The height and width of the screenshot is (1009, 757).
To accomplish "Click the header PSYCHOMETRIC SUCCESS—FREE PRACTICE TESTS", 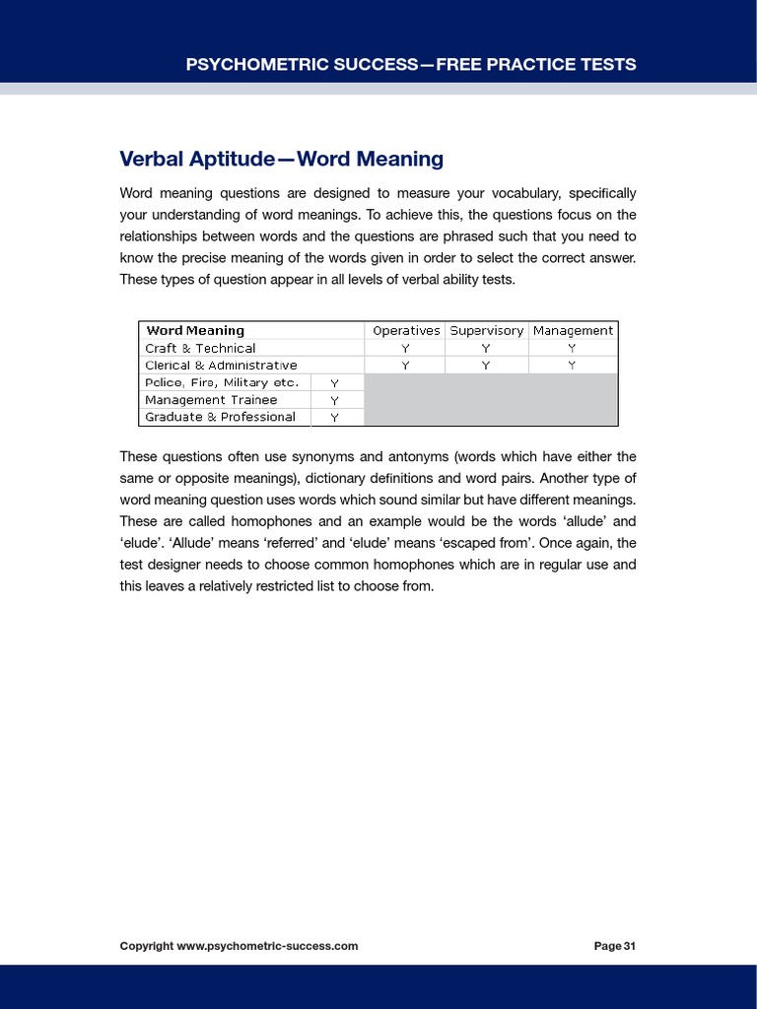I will [x=410, y=65].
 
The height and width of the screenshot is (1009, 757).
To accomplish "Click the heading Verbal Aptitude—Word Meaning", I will [x=281, y=159].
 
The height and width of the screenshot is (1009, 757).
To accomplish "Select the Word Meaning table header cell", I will [x=194, y=331].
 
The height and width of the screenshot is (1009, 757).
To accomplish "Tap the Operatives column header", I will [x=405, y=331].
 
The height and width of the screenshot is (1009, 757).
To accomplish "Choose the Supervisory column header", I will [x=486, y=331].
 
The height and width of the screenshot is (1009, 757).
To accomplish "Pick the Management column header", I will [x=573, y=331].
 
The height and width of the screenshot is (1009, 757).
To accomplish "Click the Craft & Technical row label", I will [x=200, y=348].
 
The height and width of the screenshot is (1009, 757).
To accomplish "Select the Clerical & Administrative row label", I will [x=221, y=366].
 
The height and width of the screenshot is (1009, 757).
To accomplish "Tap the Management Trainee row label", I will [x=211, y=400].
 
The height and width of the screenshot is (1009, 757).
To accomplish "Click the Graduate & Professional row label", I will [x=220, y=417].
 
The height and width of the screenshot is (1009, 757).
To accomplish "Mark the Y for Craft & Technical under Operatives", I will [x=405, y=349].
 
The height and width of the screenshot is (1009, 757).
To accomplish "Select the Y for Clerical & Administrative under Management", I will [x=573, y=366].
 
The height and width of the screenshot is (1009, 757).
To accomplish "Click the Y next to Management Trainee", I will [x=334, y=400].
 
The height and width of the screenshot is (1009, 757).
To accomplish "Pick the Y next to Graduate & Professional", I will [x=334, y=418].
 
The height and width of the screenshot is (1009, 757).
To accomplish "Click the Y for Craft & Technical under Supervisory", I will [x=486, y=349].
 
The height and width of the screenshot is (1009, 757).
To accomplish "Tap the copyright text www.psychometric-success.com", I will [x=239, y=946].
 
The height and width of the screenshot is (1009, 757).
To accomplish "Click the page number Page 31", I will [x=614, y=946].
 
